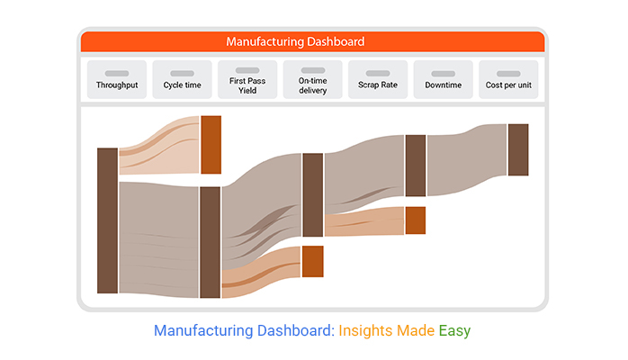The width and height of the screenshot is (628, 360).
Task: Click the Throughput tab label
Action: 117,85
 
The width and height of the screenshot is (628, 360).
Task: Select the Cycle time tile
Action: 183,79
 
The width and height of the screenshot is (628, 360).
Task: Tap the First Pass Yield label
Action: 247,85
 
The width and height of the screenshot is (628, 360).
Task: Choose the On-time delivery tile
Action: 313,79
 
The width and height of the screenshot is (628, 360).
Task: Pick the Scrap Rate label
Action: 378,85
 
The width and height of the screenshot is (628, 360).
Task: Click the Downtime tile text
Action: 444,85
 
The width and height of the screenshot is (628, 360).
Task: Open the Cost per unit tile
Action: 508,79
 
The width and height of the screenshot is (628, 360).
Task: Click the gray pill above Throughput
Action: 117,73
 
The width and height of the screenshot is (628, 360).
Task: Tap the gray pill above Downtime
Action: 444,73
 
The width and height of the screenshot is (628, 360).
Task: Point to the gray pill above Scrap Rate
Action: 378,73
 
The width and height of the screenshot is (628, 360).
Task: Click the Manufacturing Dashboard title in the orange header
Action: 296,41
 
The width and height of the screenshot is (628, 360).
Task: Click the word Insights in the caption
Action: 365,331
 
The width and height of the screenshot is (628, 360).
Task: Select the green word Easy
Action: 454,331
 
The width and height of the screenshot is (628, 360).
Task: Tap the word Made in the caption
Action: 416,331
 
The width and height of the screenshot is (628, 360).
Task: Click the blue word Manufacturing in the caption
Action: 203,331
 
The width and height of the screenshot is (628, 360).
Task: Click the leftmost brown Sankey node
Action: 107,220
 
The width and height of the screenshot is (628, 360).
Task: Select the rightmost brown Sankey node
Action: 518,149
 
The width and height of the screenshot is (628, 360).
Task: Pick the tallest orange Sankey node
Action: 211,145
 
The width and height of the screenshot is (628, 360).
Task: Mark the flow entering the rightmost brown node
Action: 467,160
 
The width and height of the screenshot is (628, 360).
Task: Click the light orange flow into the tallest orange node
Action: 159,146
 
